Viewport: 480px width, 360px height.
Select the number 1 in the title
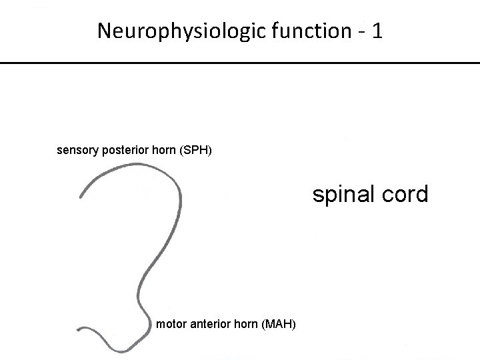377,31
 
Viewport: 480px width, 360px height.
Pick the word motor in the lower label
169,324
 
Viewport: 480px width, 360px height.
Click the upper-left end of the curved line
81,197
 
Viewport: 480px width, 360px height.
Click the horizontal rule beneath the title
240,62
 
